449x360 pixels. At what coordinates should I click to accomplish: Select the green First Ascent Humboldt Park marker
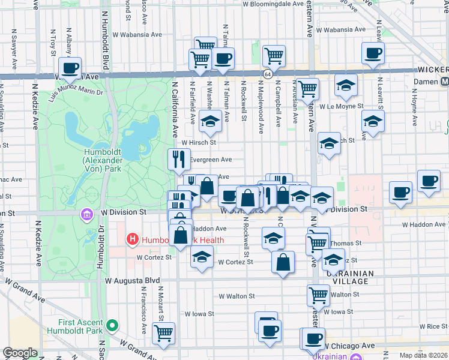[111, 326]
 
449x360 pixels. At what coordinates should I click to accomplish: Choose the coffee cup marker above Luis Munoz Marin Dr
[70, 68]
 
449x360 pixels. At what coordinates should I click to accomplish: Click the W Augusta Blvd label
[132, 280]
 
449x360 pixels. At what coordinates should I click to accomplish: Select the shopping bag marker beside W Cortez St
[283, 262]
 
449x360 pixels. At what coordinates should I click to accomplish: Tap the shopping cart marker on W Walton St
[318, 295]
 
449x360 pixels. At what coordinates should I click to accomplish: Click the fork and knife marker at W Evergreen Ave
[179, 160]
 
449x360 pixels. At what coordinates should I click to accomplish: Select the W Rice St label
[431, 326]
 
